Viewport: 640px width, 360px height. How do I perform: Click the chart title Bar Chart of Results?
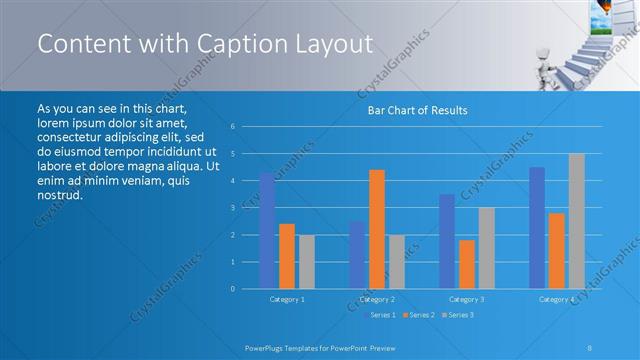[x=412, y=110]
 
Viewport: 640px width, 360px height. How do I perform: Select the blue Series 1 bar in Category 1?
[x=267, y=231]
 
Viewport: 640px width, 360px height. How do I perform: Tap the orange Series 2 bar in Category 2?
[x=377, y=229]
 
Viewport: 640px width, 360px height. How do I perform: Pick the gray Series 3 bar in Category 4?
[x=577, y=221]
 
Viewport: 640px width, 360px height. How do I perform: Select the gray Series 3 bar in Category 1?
[x=307, y=262]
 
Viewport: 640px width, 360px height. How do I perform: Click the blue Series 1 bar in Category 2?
[x=357, y=255]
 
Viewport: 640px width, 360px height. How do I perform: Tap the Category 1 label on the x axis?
[x=287, y=299]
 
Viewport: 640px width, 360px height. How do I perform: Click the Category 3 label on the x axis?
[x=467, y=299]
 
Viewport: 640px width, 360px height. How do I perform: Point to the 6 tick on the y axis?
[x=232, y=127]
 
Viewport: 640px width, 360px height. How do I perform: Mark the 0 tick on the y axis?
[x=232, y=289]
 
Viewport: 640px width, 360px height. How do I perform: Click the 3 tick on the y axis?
[x=232, y=208]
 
